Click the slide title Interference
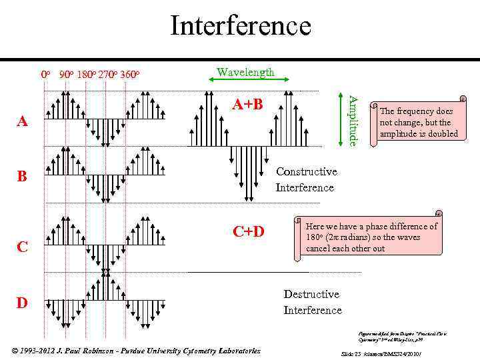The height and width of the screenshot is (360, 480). (x=240, y=26)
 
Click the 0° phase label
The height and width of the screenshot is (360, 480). (x=45, y=74)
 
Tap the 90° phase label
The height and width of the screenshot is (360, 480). (x=66, y=74)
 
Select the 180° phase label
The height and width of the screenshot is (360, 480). (x=87, y=74)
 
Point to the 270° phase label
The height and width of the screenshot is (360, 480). (x=108, y=74)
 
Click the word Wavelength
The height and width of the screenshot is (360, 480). (x=245, y=72)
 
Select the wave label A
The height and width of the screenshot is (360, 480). (x=23, y=121)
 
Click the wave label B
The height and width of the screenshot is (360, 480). (x=23, y=177)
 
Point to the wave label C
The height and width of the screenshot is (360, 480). (x=23, y=247)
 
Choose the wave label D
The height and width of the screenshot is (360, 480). (x=23, y=303)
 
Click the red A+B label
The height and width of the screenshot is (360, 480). (x=248, y=104)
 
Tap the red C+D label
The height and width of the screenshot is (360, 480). (x=249, y=231)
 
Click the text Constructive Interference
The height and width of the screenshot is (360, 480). (x=306, y=179)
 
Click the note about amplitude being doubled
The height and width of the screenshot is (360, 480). (x=419, y=123)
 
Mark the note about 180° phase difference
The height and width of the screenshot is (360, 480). (x=371, y=237)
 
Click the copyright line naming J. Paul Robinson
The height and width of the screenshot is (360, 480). (x=136, y=351)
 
